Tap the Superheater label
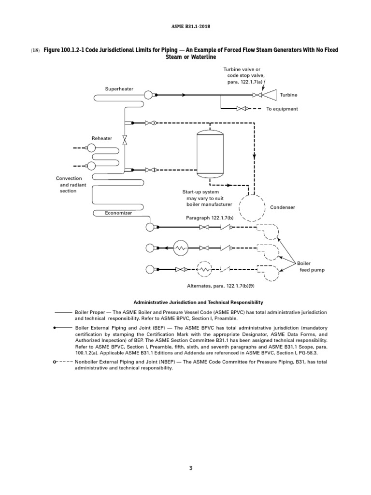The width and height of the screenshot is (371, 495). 119,89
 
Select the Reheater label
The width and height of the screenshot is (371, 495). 102,138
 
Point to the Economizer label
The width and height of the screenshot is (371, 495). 118,213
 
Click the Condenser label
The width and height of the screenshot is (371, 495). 283,207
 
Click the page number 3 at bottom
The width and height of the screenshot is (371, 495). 191,468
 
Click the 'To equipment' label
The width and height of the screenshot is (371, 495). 282,109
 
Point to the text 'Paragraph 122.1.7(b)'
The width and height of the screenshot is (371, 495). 210,218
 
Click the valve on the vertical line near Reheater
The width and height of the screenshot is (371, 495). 125,140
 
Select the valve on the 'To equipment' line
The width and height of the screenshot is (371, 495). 240,109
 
